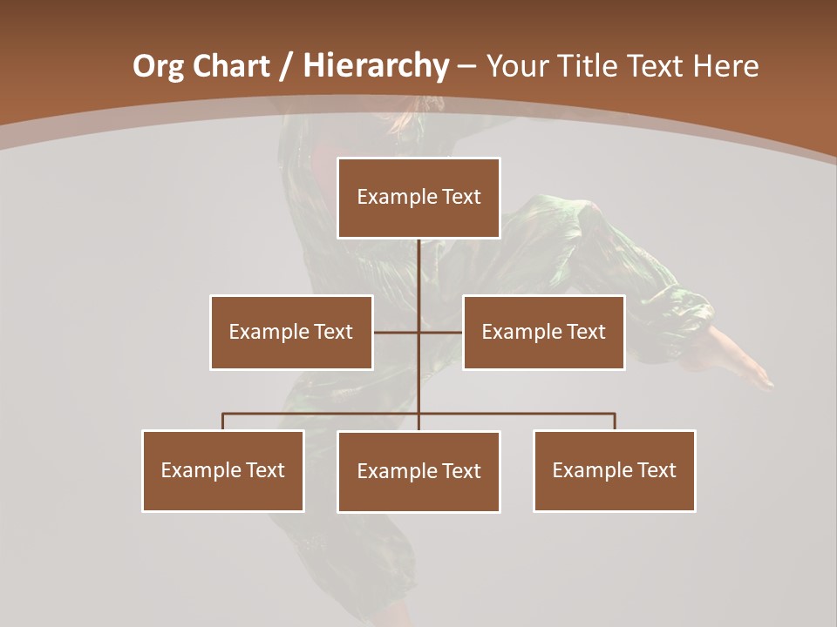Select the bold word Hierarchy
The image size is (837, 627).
[376, 66]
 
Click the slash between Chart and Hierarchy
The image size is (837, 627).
[287, 66]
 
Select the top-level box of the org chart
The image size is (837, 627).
[418, 198]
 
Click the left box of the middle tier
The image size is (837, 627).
[291, 333]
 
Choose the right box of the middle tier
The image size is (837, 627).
[543, 333]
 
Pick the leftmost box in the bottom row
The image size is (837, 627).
[223, 471]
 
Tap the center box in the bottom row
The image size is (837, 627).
[418, 472]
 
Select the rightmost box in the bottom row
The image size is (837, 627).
[615, 471]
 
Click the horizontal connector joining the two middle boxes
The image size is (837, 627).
[397, 333]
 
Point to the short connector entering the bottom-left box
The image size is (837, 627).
[223, 421]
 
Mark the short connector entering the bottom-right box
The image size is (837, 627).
[615, 421]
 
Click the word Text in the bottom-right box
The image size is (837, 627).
[656, 471]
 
